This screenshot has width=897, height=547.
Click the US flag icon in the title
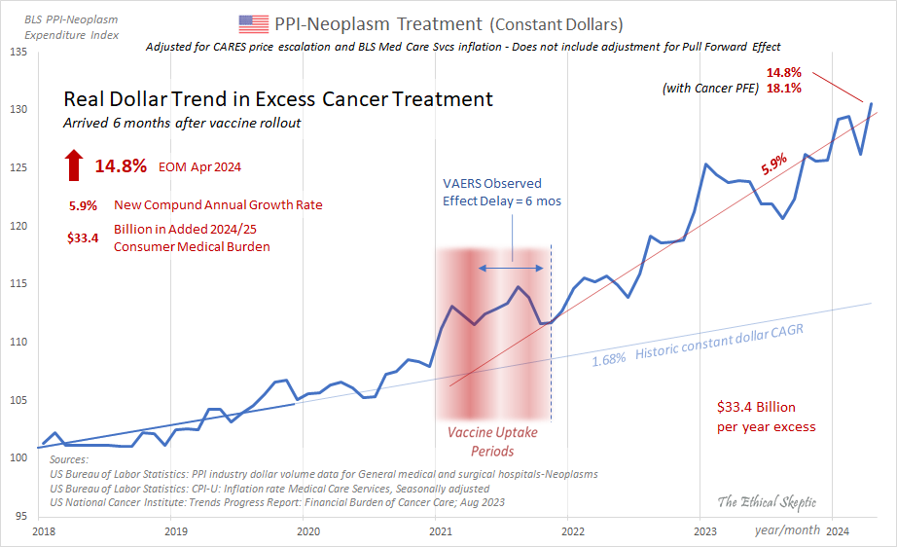tap(253, 23)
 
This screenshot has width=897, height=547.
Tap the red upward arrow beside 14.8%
tap(74, 165)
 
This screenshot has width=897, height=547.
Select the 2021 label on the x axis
tap(440, 531)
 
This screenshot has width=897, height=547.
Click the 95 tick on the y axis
tap(21, 516)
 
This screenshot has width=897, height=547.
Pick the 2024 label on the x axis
tap(838, 531)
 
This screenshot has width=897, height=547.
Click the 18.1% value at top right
tap(783, 89)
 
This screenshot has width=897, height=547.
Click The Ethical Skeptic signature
tap(767, 502)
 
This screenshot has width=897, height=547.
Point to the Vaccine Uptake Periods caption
tap(492, 441)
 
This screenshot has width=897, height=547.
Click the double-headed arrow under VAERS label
tap(511, 266)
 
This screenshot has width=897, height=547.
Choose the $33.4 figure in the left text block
tap(82, 237)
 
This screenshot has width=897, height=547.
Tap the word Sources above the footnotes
tap(68, 459)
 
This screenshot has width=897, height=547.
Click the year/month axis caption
tap(785, 531)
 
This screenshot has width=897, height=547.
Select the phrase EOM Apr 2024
tap(199, 167)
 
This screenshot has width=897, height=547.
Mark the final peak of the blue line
tap(871, 103)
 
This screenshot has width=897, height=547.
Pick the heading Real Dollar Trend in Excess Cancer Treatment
tap(277, 99)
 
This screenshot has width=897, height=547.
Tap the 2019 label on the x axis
tap(175, 531)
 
